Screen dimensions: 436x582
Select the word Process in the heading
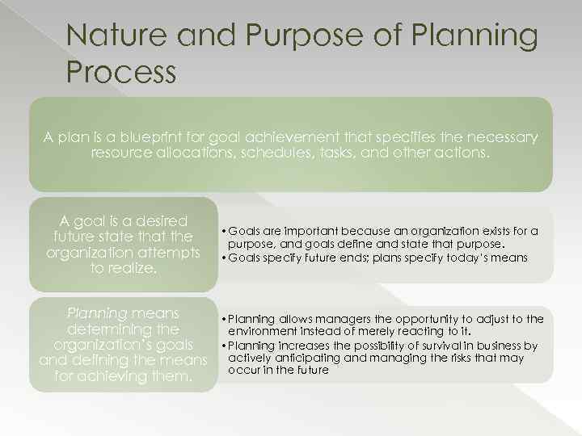click(x=121, y=72)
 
